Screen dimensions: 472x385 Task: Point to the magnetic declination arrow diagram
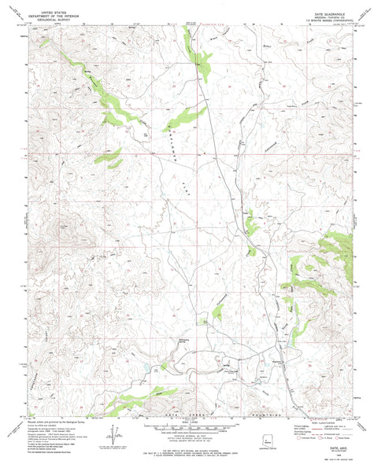point(119,434)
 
